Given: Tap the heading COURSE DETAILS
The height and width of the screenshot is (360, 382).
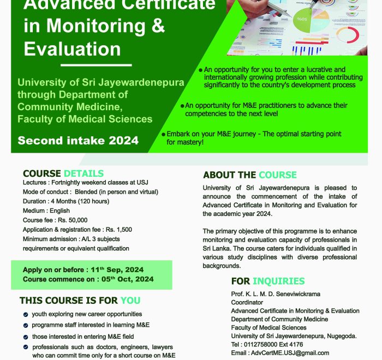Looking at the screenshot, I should (x=63, y=174).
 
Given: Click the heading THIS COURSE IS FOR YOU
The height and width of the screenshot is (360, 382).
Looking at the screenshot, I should (x=80, y=301).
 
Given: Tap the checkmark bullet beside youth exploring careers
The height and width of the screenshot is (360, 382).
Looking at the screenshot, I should (x=26, y=315).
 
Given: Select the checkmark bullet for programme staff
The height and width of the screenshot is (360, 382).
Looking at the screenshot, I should (x=26, y=326).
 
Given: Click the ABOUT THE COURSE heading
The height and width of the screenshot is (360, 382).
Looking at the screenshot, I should (x=250, y=175).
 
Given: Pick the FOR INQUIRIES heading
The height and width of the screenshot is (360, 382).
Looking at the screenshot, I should (x=268, y=281).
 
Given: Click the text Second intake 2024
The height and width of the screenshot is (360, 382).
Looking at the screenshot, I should (x=78, y=140).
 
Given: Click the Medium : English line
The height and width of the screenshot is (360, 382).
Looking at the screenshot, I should (x=46, y=211).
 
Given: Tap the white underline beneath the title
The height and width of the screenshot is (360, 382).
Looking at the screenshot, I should (x=77, y=65).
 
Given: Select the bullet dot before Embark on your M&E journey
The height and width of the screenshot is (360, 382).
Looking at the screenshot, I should (x=163, y=134).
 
